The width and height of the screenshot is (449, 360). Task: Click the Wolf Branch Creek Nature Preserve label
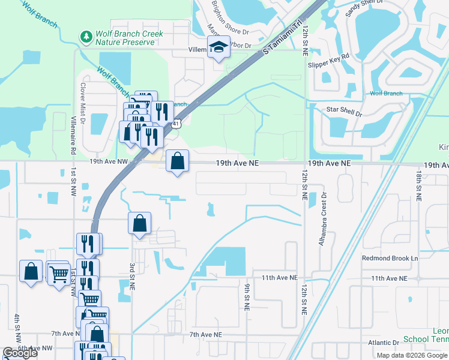[129, 38]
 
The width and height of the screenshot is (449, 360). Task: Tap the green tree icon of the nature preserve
[87, 38]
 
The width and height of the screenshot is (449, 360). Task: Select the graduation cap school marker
[218, 47]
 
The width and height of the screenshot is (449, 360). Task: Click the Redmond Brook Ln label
[389, 258]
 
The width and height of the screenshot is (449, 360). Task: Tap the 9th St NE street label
[247, 297]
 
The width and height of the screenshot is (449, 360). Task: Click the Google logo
[20, 353]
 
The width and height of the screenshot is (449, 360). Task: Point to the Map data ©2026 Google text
[411, 355]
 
